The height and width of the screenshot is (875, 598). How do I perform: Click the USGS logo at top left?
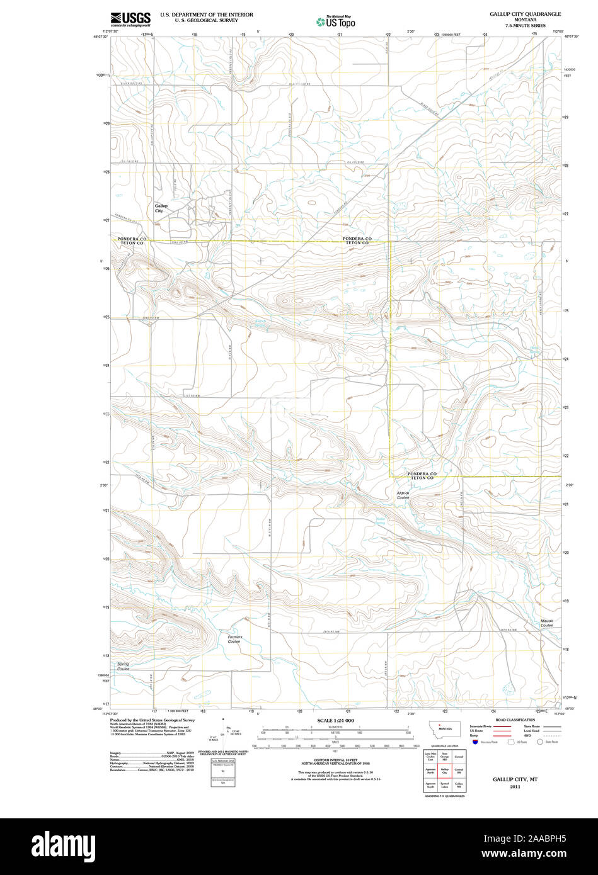tap(130, 20)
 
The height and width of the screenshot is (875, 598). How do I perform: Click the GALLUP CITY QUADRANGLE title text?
tap(525, 13)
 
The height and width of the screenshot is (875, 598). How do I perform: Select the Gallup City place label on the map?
tap(161, 208)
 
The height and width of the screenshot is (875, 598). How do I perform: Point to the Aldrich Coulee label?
tap(403, 495)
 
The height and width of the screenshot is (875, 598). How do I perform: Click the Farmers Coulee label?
tap(234, 639)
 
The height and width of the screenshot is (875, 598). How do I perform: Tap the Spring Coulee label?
tap(123, 666)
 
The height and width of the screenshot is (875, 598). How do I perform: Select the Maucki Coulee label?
tap(546, 623)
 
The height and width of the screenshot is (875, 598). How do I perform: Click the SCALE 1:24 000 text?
tap(336, 720)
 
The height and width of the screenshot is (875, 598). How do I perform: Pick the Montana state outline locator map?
tap(445, 728)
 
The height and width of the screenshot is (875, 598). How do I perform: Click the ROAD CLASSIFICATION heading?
tap(515, 720)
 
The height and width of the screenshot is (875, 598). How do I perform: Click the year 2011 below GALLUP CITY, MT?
tap(515, 786)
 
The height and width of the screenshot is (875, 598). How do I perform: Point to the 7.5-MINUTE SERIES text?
tap(525, 25)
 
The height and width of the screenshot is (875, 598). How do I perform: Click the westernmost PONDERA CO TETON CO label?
tap(132, 241)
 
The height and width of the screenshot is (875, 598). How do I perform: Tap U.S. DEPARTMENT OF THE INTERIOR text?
tap(206, 14)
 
